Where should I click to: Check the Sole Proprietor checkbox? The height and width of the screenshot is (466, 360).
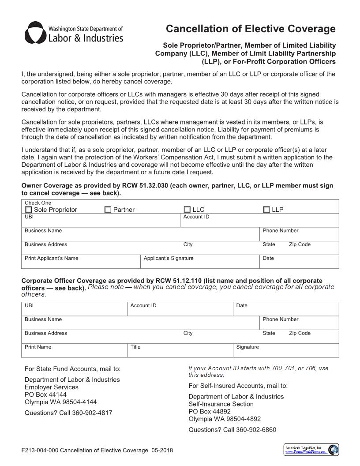coord(29,210)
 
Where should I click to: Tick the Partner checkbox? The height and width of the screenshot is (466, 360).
coord(108,210)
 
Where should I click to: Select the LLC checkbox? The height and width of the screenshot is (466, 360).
coord(187,210)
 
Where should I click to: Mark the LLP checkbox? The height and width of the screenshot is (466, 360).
coord(266,210)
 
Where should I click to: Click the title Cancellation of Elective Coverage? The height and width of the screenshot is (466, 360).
coord(251,29)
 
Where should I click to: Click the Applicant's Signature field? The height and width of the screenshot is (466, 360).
coord(199,263)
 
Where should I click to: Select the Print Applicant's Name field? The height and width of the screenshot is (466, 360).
coord(81,263)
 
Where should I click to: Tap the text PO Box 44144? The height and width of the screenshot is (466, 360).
coord(45,395)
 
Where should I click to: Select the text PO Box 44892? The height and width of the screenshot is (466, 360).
coord(210,411)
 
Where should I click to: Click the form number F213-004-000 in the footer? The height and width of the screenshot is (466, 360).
coord(40,451)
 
